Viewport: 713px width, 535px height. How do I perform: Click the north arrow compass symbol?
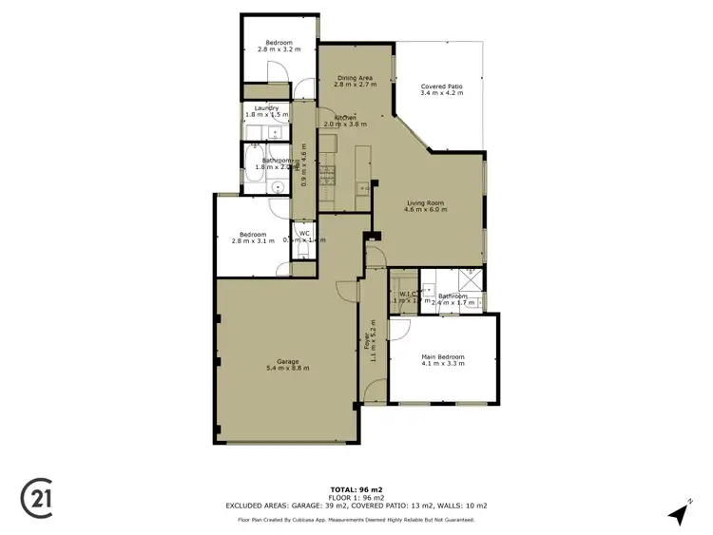click(678, 513)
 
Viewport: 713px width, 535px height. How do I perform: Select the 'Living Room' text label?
click(426, 202)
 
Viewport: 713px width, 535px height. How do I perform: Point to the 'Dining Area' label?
click(353, 77)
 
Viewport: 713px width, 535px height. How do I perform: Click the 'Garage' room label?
click(288, 361)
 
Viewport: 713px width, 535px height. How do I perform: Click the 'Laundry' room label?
click(266, 107)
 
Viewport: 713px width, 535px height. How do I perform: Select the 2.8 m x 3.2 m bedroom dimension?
click(279, 49)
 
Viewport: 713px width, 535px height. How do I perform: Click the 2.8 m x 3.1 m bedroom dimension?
click(252, 241)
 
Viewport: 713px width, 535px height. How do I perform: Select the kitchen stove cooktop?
click(329, 174)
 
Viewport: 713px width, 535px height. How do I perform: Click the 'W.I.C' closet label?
click(406, 294)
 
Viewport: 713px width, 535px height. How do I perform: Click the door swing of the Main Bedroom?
click(398, 329)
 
